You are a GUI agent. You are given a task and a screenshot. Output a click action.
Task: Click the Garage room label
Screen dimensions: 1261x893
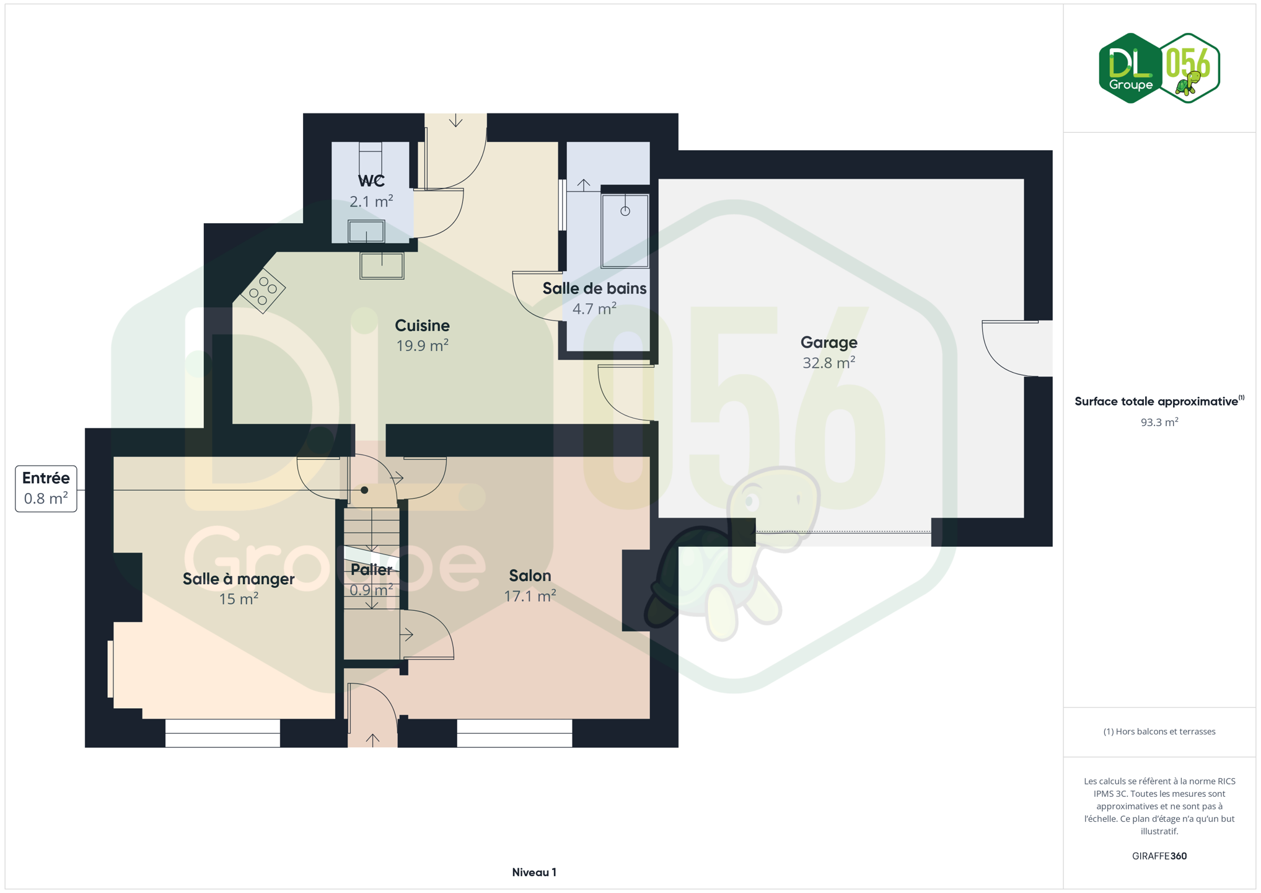[828, 342]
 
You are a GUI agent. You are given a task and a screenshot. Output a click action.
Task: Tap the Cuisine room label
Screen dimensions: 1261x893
[422, 326]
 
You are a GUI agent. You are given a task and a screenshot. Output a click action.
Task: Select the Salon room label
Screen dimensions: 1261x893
[530, 575]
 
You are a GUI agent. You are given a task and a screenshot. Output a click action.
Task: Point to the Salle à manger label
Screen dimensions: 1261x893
[239, 579]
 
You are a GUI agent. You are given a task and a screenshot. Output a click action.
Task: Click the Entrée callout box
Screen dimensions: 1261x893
[46, 489]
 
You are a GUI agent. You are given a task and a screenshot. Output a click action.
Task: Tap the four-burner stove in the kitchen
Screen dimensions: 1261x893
[263, 290]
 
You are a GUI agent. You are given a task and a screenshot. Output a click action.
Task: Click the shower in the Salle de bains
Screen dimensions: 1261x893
[625, 231]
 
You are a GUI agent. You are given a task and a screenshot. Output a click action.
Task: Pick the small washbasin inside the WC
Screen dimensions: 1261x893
[366, 231]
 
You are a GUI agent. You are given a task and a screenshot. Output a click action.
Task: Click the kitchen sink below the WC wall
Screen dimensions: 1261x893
[382, 265]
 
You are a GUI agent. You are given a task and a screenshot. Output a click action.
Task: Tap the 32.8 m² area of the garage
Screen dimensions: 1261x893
[828, 363]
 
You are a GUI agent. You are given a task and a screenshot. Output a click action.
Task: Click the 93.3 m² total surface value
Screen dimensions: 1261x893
[1159, 422]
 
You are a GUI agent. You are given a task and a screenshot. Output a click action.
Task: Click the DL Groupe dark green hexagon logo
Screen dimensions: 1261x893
[1130, 68]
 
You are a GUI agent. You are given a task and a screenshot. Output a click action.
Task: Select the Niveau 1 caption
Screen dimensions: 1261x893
[534, 873]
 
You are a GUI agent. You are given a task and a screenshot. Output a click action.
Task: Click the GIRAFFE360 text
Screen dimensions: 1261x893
[1159, 856]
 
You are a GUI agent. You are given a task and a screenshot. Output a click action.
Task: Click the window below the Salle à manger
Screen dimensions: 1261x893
[222, 733]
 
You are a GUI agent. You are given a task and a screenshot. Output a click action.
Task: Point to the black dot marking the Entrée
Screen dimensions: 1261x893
[364, 490]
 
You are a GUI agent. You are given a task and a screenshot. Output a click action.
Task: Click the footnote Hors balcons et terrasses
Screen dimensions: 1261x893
[1159, 732]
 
